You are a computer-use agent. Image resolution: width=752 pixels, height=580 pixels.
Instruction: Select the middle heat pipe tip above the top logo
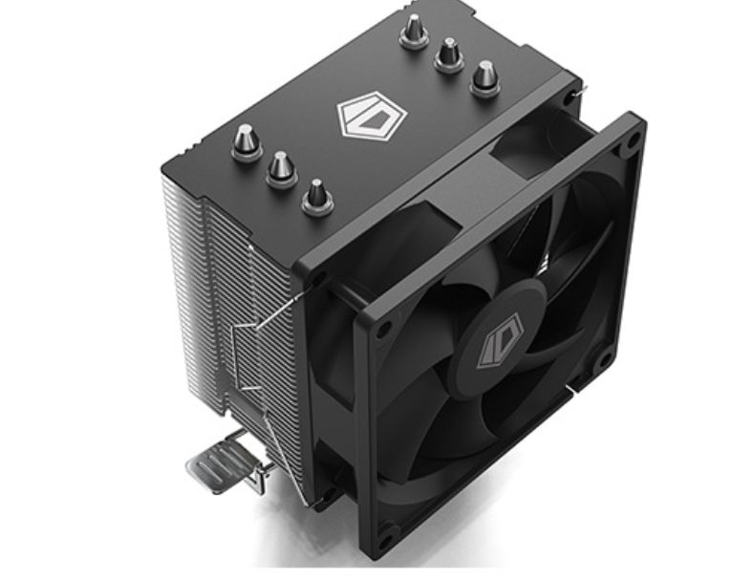[449, 55]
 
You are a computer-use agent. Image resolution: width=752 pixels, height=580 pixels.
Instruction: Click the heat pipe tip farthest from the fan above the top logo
[414, 32]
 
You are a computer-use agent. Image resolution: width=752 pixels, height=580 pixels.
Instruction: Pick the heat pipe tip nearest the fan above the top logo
[485, 78]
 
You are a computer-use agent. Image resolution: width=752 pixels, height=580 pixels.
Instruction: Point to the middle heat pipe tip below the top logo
[281, 169]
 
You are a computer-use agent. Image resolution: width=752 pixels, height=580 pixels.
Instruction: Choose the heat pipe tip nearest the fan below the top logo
[317, 196]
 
